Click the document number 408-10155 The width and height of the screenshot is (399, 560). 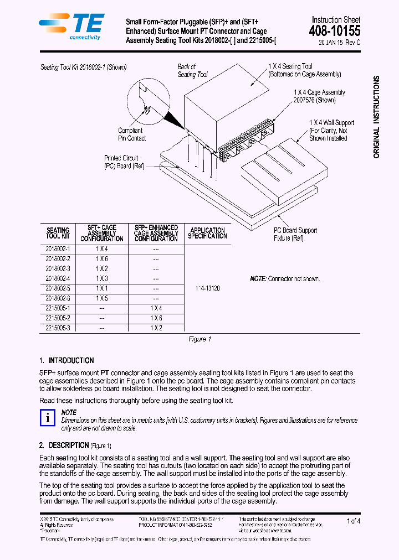pos(334,32)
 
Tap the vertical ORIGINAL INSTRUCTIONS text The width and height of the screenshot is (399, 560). pos(377,117)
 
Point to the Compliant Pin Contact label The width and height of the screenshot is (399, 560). pos(132,134)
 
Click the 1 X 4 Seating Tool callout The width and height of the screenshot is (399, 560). pos(304,70)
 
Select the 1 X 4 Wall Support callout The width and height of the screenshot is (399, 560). pos(331,131)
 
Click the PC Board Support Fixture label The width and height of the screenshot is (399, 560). pos(296,234)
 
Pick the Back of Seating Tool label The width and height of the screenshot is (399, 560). pos(192,70)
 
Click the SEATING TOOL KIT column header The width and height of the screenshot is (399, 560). pos(58,233)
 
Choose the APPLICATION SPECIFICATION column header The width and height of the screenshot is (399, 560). pos(207,233)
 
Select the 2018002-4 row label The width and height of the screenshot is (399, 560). pos(58,278)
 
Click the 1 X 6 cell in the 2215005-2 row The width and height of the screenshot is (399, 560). pos(156,318)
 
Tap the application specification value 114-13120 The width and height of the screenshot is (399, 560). pos(207,288)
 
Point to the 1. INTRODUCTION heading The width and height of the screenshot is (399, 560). pos(66,360)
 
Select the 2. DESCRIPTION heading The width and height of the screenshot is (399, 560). pos(64,445)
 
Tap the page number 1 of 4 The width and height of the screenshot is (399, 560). pos(353,521)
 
